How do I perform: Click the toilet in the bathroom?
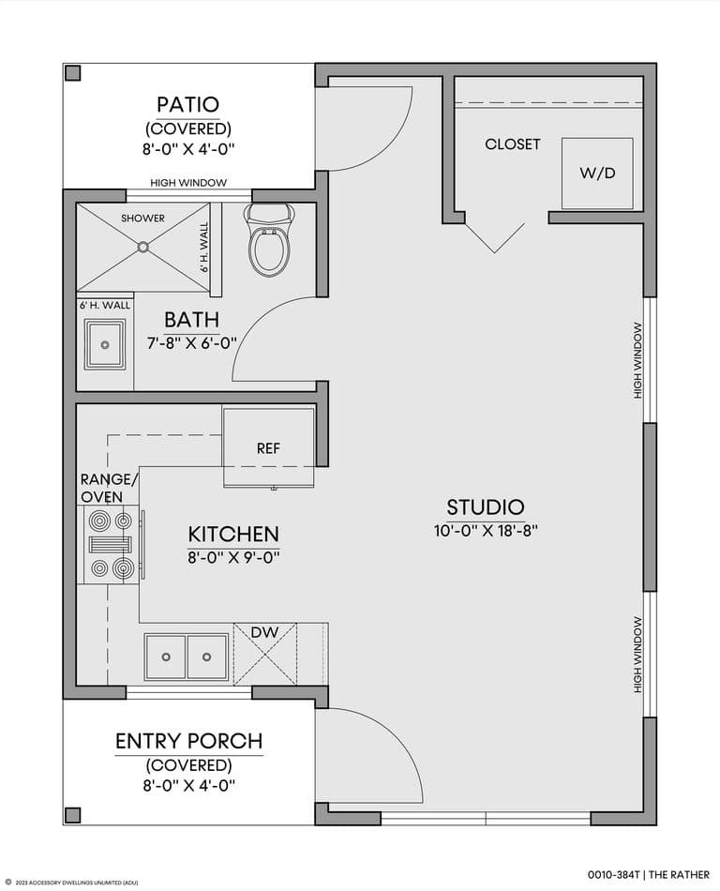(270, 240)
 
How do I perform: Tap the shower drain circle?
(143, 247)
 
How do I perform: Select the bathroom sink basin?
(105, 344)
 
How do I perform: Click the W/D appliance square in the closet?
(597, 173)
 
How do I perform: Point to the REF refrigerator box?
(268, 447)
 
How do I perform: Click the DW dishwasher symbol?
(265, 654)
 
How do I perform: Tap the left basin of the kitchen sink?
(165, 657)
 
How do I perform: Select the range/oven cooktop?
(109, 544)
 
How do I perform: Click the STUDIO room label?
(486, 506)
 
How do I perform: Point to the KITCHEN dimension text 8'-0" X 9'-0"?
(234, 557)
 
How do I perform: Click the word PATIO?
(187, 104)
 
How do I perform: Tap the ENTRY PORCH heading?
(189, 741)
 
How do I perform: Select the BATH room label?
(192, 320)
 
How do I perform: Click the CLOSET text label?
(512, 144)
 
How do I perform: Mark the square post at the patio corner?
(73, 73)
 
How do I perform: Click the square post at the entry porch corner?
(73, 815)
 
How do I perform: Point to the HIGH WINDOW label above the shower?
(188, 183)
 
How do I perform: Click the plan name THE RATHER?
(679, 874)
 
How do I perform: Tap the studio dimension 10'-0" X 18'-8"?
(486, 531)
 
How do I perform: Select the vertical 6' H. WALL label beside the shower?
(204, 248)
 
